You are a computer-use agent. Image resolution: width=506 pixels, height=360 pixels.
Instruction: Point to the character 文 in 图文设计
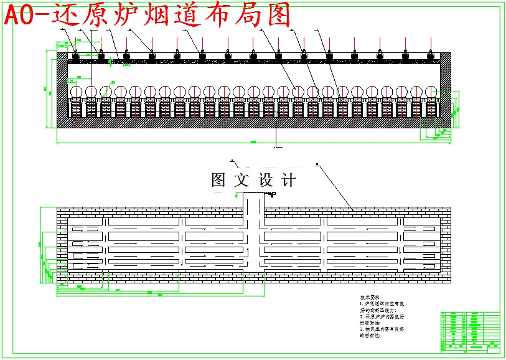click(241, 181)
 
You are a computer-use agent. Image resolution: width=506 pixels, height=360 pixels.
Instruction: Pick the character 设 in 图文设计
click(266, 181)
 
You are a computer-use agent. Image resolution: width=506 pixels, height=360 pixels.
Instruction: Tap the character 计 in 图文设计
click(289, 181)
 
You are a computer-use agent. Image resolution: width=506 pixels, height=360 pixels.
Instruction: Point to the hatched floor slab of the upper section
click(249, 123)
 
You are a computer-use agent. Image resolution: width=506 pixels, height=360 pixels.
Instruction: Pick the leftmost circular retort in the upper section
click(77, 92)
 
